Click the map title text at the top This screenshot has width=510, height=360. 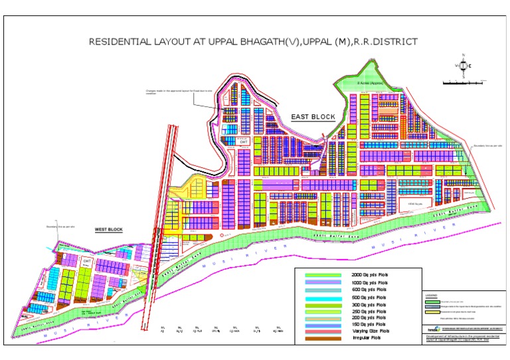click(254, 41)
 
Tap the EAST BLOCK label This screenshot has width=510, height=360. click(313, 117)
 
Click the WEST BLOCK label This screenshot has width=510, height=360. click(109, 230)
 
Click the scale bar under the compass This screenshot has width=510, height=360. click(462, 82)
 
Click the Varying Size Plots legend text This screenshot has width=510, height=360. click(371, 330)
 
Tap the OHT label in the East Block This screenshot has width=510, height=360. click(244, 141)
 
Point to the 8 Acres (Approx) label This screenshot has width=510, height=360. click(371, 83)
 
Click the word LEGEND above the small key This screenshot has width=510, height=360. click(432, 296)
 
